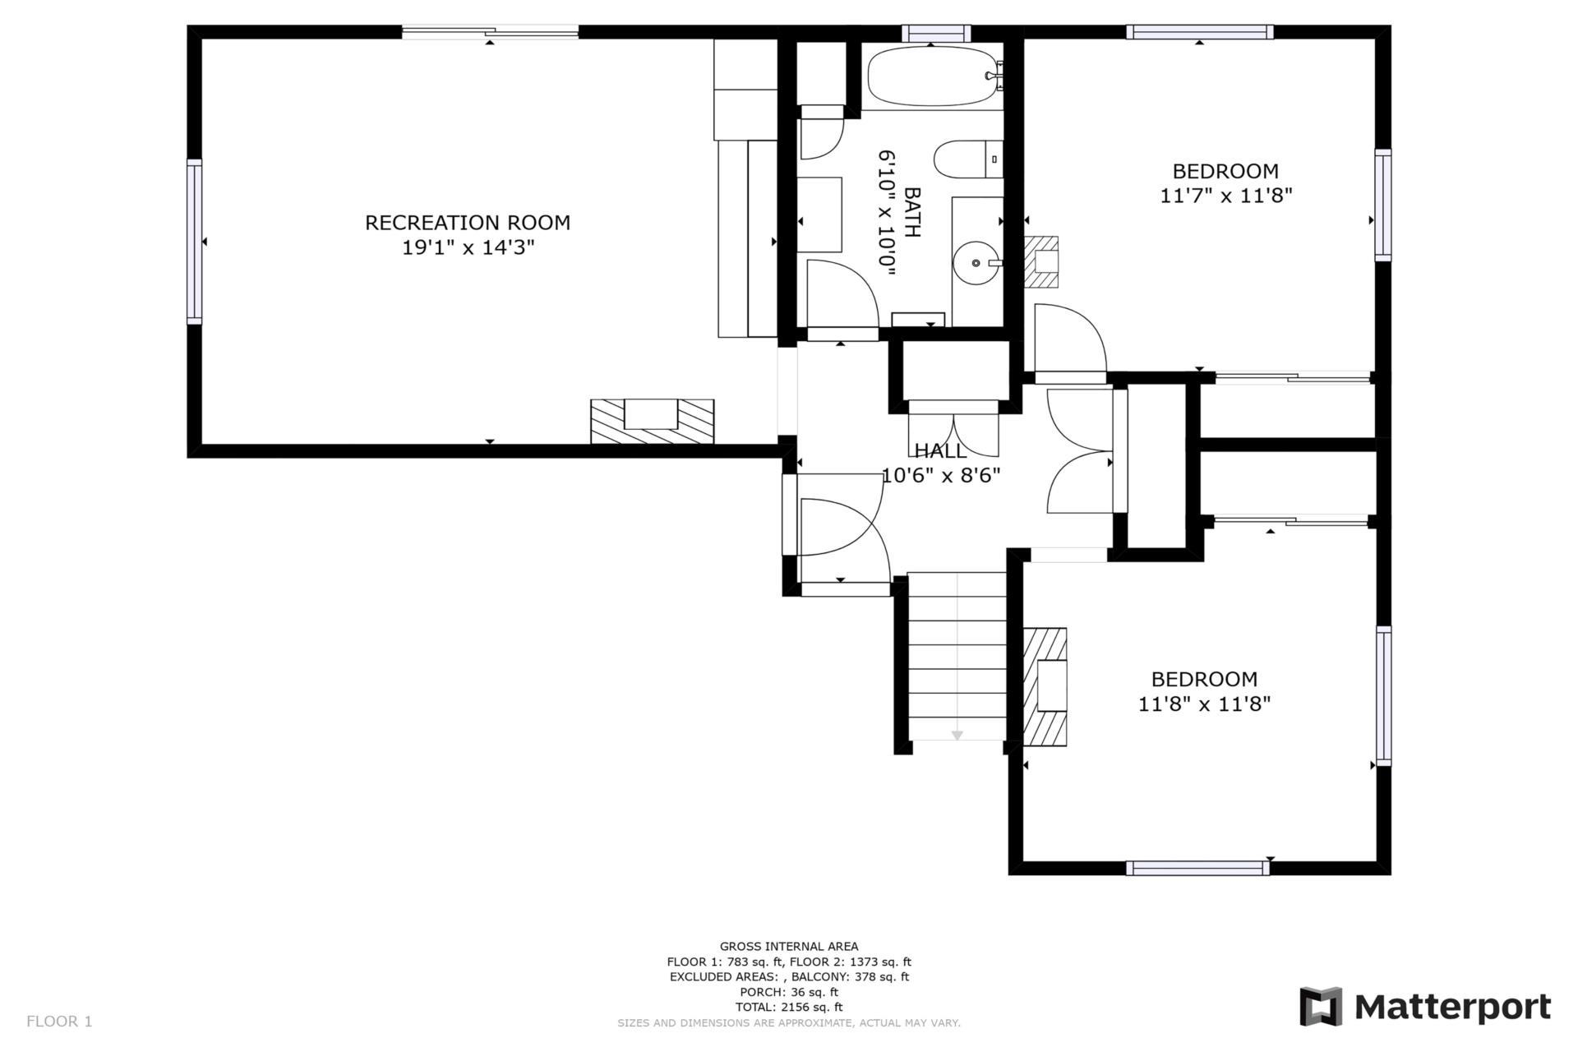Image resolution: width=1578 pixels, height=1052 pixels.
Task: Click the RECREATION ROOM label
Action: click(x=467, y=223)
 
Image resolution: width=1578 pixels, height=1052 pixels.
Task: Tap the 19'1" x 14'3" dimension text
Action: click(x=468, y=247)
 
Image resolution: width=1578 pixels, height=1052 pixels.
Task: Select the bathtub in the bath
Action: click(x=933, y=76)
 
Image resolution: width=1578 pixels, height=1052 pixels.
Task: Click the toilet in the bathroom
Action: click(x=966, y=159)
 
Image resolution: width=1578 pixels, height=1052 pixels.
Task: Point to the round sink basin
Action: click(x=976, y=263)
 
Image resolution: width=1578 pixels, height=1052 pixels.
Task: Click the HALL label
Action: click(x=940, y=450)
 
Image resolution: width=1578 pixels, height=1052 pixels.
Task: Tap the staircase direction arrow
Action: click(x=957, y=735)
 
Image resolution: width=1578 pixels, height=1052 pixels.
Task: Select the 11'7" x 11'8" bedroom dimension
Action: click(x=1225, y=196)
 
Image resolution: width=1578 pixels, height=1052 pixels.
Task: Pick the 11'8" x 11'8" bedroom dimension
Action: click(x=1204, y=704)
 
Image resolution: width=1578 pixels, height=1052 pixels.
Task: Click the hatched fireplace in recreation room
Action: click(x=652, y=422)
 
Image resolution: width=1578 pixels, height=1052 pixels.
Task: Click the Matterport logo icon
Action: click(x=1320, y=1007)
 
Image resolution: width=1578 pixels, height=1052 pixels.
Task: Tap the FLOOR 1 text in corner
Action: click(x=59, y=1022)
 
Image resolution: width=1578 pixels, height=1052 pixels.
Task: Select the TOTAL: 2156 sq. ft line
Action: click(x=788, y=1007)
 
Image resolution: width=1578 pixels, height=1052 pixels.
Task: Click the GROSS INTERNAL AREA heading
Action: click(x=788, y=946)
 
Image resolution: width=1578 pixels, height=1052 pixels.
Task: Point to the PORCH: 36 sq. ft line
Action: click(x=788, y=992)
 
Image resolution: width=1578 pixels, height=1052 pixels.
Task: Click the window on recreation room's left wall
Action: click(x=194, y=241)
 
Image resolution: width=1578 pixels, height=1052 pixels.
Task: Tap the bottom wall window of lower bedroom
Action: click(x=1197, y=868)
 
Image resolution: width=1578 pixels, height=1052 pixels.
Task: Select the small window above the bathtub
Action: click(x=935, y=33)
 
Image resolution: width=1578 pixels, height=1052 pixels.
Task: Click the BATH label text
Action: click(x=911, y=212)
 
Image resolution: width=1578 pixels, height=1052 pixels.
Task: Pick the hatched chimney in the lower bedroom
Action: click(x=1045, y=687)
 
